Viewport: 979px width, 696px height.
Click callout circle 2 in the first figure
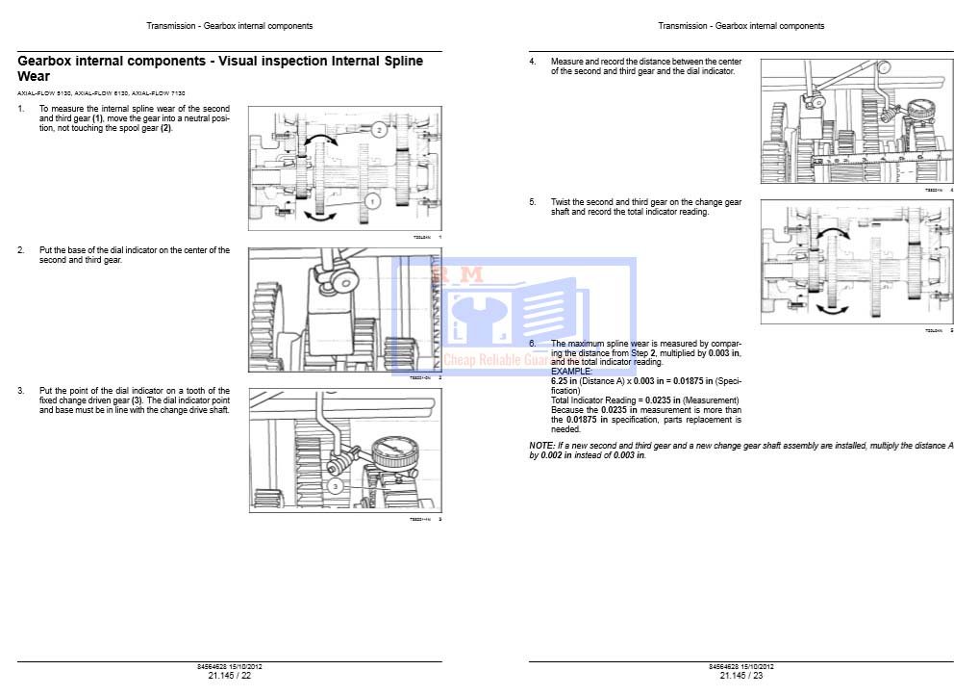pyautogui.click(x=379, y=128)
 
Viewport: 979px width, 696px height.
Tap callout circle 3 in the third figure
pyautogui.click(x=335, y=487)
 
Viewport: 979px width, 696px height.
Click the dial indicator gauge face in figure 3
pyautogui.click(x=390, y=451)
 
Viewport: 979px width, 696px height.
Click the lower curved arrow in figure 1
pyautogui.click(x=319, y=216)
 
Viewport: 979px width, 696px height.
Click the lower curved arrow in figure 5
pyautogui.click(x=832, y=307)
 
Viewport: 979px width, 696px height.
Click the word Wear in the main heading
pyautogui.click(x=34, y=76)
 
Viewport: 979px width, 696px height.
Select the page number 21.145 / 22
pyautogui.click(x=229, y=675)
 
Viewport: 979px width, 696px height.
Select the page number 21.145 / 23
pyautogui.click(x=741, y=675)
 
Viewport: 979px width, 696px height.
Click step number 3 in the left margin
pyautogui.click(x=21, y=391)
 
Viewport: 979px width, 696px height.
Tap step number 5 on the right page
pyautogui.click(x=532, y=202)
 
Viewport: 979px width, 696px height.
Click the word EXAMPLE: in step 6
pyautogui.click(x=571, y=371)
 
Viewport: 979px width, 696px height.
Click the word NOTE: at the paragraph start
pyautogui.click(x=541, y=446)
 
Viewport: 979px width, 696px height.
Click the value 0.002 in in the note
pyautogui.click(x=556, y=455)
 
